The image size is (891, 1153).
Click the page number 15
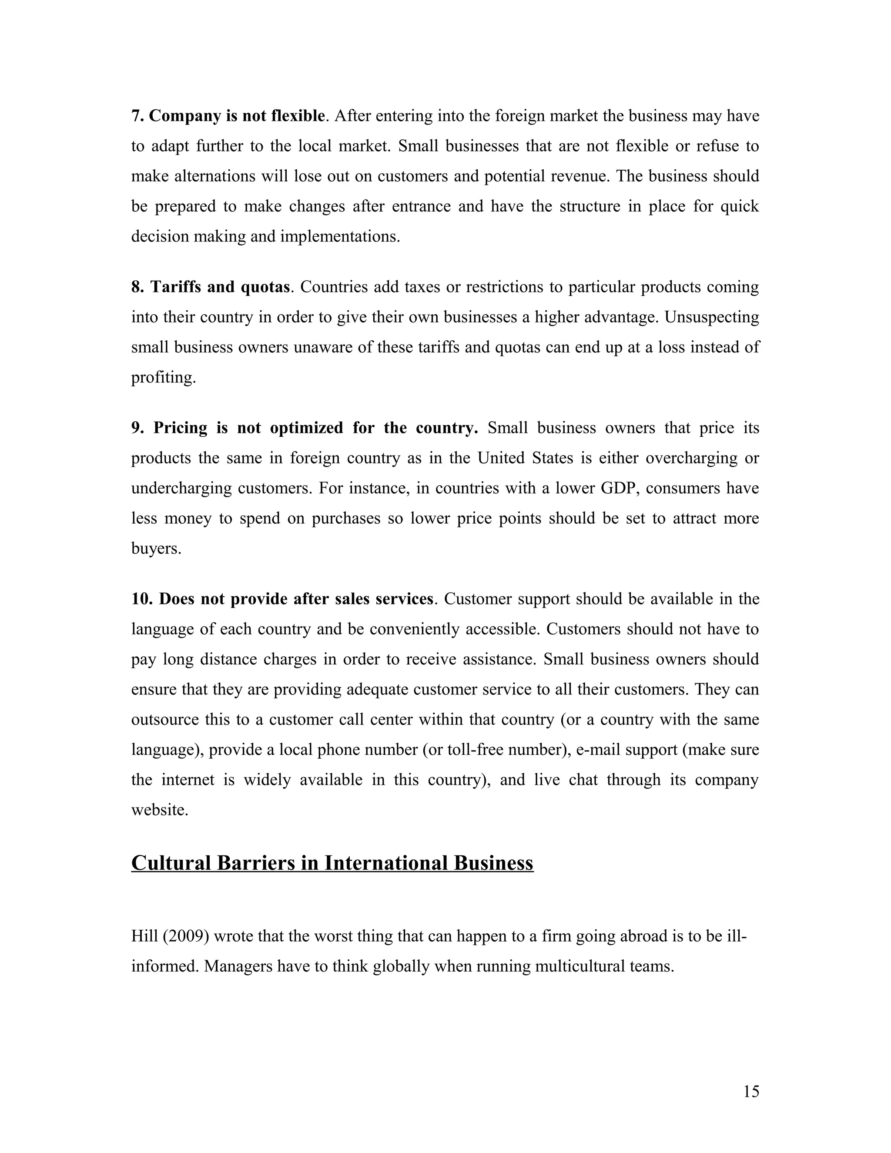pyautogui.click(x=750, y=1091)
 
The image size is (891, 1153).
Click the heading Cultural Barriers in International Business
pyautogui.click(x=332, y=863)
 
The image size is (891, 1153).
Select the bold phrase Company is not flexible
pyautogui.click(x=237, y=116)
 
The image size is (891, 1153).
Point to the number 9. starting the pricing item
pyautogui.click(x=138, y=428)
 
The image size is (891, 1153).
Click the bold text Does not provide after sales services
pyautogui.click(x=295, y=599)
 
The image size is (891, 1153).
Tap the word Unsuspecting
pyautogui.click(x=711, y=317)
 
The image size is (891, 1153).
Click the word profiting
pyautogui.click(x=163, y=378)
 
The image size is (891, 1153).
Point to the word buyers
pyautogui.click(x=156, y=549)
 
